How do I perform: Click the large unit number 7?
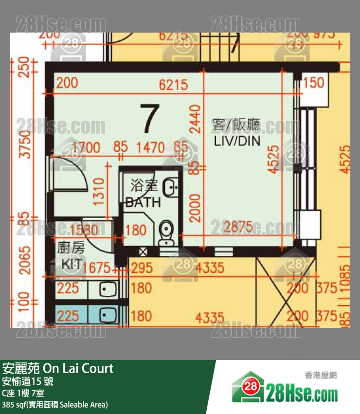tap(149, 119)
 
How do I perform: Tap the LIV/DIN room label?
tap(236, 133)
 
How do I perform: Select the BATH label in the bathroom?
tap(143, 202)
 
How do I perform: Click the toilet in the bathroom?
tap(166, 233)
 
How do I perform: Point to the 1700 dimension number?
tap(86, 146)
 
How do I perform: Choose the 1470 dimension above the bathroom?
tap(151, 146)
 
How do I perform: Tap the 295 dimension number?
tap(142, 267)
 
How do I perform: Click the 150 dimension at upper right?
tap(314, 82)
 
